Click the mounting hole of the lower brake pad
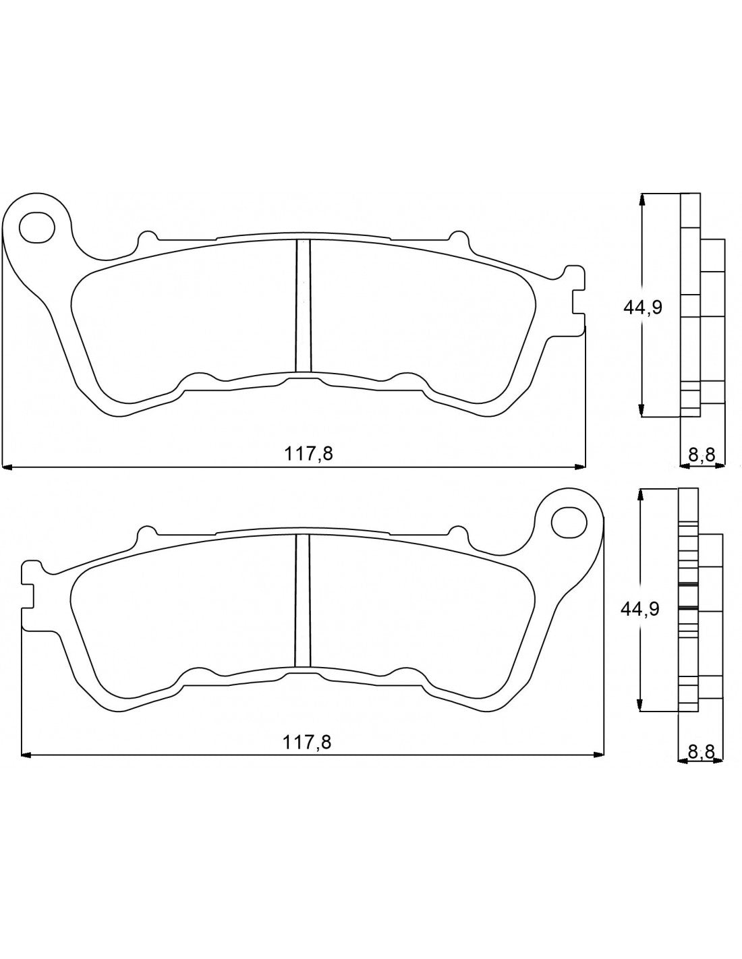[x=569, y=521]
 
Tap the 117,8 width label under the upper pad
[x=308, y=453]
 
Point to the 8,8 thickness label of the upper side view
[x=702, y=454]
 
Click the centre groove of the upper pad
[x=303, y=305]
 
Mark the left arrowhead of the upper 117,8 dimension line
[x=8, y=465]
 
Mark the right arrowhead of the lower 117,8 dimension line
[x=598, y=754]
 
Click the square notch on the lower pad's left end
[x=29, y=594]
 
